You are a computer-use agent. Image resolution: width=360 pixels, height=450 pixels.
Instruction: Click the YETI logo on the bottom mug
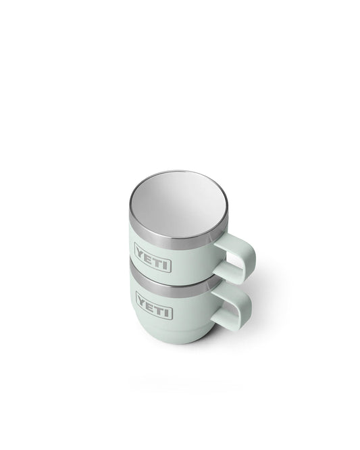[154, 305]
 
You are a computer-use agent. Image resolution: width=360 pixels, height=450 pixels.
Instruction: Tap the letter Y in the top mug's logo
[141, 253]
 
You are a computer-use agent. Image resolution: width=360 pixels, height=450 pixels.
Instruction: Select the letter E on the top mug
[149, 257]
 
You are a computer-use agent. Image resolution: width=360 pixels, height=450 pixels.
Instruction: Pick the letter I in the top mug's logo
[165, 265]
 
